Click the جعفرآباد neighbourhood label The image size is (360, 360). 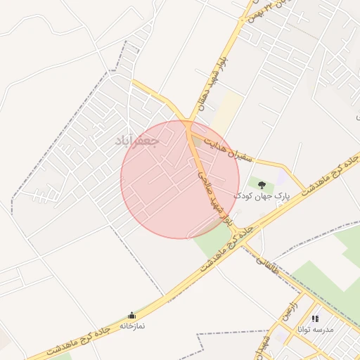click(x=137, y=141)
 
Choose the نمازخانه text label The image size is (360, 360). click(x=131, y=326)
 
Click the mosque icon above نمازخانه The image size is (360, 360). click(x=131, y=315)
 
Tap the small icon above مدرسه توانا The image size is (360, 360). click(x=315, y=319)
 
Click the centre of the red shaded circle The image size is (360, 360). click(x=180, y=179)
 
